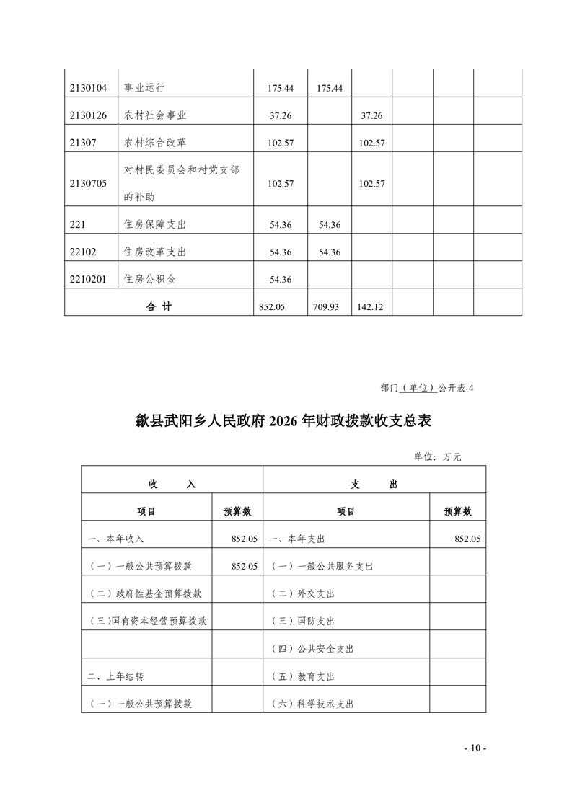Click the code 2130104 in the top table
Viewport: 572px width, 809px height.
click(88, 88)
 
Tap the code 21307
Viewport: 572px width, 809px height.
click(83, 143)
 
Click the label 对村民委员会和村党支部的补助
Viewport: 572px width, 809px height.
click(181, 182)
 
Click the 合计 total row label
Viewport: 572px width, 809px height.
click(159, 306)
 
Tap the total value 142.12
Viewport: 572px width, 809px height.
click(370, 306)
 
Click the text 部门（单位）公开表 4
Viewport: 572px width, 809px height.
click(426, 387)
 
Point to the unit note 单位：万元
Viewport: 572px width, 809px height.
click(437, 456)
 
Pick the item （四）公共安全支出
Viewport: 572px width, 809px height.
click(312, 649)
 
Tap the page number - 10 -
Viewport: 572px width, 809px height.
click(475, 748)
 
